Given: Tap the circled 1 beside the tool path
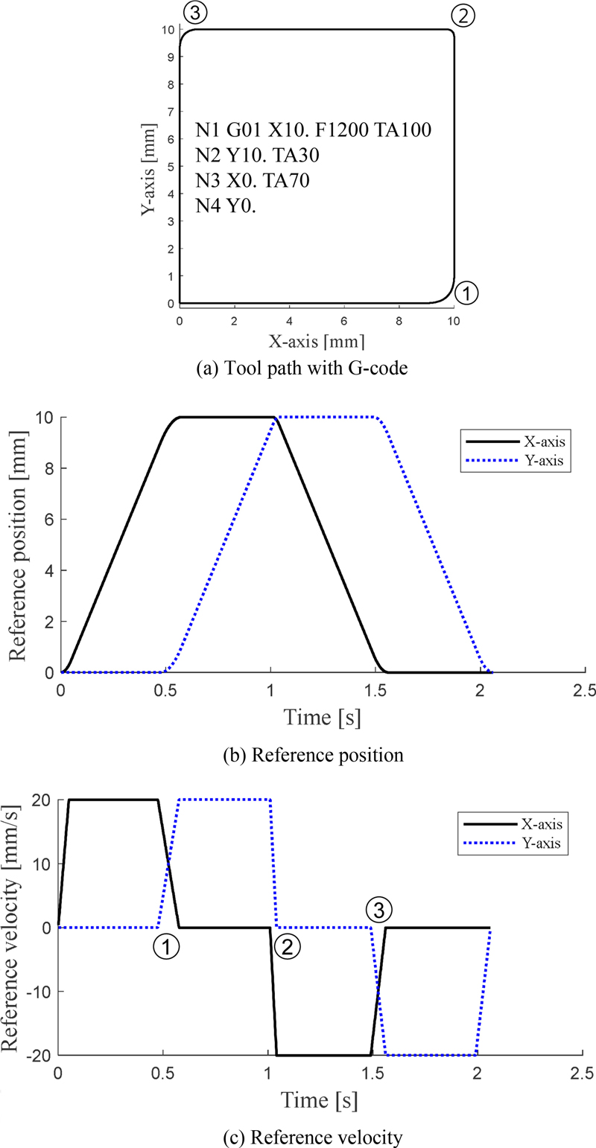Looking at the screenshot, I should [466, 293].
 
